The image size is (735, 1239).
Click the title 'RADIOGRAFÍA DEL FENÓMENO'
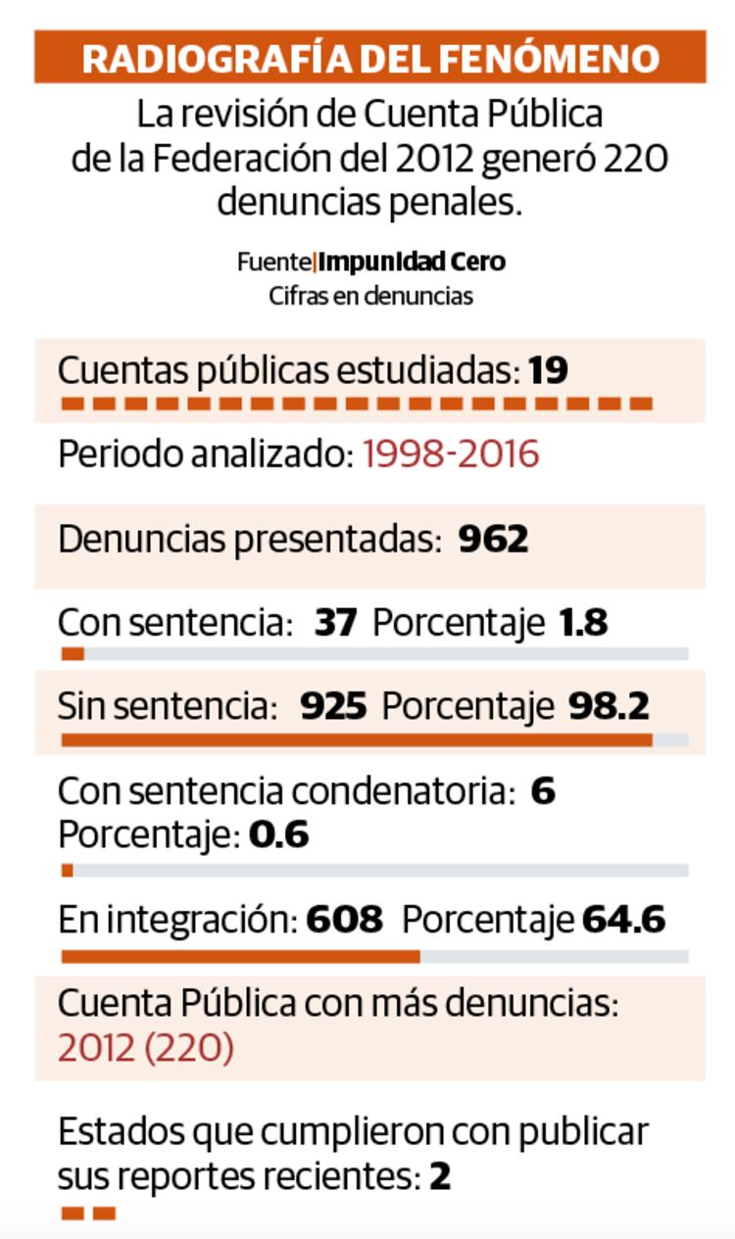370,58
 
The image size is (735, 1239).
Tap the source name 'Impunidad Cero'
413,262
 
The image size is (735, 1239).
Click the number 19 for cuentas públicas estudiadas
549,370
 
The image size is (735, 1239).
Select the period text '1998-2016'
451,454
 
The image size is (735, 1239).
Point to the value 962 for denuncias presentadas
493,539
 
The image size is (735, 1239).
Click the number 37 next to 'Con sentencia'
336,623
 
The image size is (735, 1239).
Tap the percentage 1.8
583,623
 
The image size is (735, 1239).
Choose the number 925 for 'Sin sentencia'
333,706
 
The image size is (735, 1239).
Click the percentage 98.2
609,706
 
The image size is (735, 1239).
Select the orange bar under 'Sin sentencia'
357,740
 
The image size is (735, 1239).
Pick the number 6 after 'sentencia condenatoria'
543,791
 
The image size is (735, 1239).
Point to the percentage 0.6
279,835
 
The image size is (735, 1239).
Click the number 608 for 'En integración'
344,921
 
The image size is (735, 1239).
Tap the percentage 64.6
623,921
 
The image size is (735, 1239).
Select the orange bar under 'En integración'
241,956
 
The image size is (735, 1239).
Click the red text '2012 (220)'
146,1049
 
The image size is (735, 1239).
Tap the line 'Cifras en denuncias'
370,296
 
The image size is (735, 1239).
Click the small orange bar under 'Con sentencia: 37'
73,654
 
